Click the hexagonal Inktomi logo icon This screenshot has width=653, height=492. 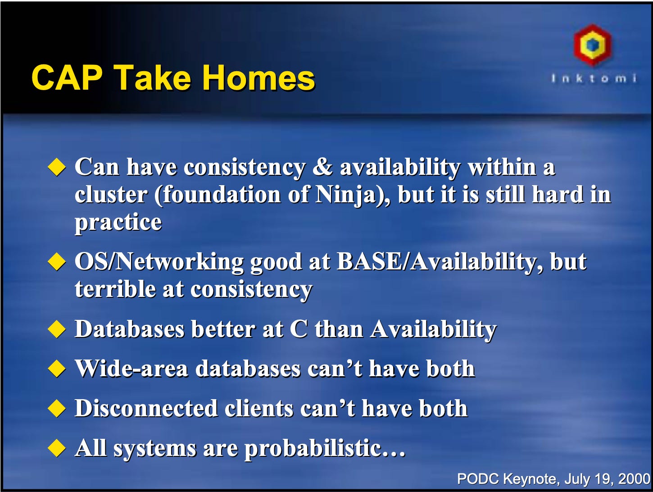tap(592, 45)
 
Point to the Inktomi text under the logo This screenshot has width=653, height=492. tap(594, 78)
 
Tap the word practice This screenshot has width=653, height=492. tap(118, 222)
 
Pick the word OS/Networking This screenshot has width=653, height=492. tap(159, 262)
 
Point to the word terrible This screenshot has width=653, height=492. tap(115, 289)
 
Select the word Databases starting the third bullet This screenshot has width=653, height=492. tap(129, 329)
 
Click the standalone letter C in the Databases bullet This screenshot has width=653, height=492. tap(299, 329)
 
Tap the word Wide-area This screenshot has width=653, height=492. tap(131, 369)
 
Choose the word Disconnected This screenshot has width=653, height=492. tap(146, 408)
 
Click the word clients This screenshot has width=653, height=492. tap(259, 408)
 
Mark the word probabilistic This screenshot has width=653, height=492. tap(313, 448)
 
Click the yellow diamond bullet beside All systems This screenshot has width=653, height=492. tap(57, 448)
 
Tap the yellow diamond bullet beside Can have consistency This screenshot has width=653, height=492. tap(57, 167)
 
